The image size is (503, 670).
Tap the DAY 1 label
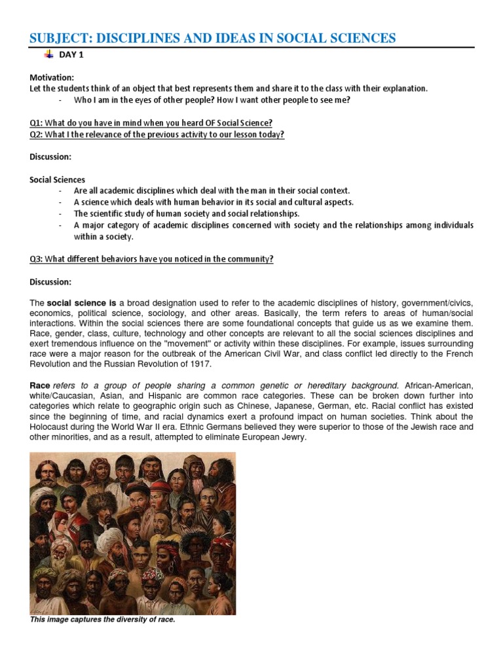(71, 55)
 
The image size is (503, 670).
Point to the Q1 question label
(36, 123)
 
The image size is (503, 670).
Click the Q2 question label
(36, 135)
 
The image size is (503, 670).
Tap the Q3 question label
(36, 259)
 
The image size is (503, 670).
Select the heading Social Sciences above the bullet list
(58, 179)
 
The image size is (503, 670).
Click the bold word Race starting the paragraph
(40, 385)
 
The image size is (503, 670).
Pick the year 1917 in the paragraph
(201, 364)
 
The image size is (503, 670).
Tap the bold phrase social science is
(82, 303)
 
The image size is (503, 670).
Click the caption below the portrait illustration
(102, 619)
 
